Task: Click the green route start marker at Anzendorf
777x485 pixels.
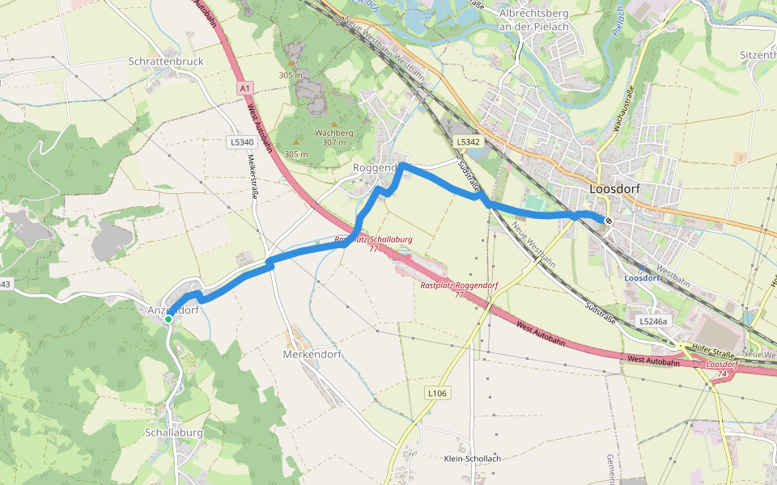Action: click(168, 319)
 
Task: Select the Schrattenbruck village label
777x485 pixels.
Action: click(166, 61)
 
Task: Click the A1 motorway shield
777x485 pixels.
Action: click(246, 87)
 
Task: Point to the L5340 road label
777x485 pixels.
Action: click(241, 142)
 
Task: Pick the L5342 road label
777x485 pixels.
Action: click(468, 142)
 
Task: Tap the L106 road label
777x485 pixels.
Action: click(437, 394)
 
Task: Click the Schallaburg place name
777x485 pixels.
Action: click(173, 432)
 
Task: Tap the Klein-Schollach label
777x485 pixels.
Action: click(473, 458)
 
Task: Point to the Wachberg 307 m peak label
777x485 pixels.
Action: click(334, 137)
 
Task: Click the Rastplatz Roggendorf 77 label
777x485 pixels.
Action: click(459, 289)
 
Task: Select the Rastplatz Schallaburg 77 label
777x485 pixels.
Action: click(373, 244)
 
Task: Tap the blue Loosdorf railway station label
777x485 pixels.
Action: click(643, 277)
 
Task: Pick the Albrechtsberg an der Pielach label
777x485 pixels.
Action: click(534, 20)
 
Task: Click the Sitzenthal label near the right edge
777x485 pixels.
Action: click(758, 55)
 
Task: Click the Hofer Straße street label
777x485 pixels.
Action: click(712, 354)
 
